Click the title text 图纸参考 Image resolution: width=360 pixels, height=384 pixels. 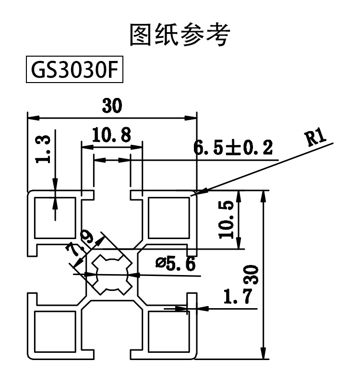pyautogui.click(x=180, y=35)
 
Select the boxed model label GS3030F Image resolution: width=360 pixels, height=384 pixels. pyautogui.click(x=71, y=71)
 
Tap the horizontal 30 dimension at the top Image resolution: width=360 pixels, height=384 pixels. pyautogui.click(x=112, y=106)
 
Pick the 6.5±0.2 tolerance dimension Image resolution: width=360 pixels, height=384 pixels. pyautogui.click(x=233, y=148)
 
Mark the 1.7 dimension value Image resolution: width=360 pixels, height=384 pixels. pyautogui.click(x=237, y=298)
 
